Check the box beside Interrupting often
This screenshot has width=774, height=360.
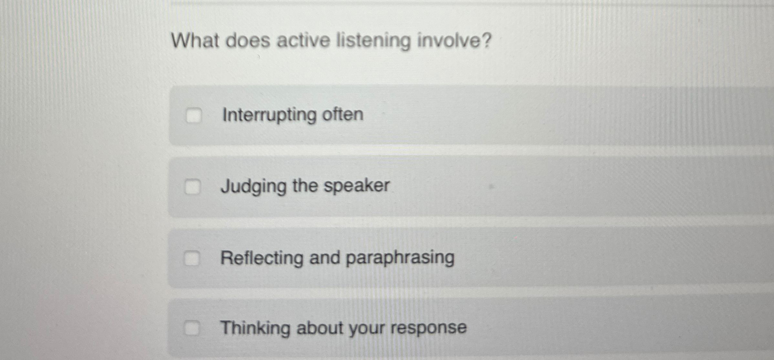tap(194, 115)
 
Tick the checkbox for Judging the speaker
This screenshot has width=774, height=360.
tap(193, 187)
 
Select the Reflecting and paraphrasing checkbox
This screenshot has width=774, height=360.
tap(192, 258)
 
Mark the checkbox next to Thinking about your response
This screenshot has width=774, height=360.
tap(192, 328)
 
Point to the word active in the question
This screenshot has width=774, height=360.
tap(303, 41)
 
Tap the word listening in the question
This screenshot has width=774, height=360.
tap(373, 42)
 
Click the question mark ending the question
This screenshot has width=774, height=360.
tap(486, 41)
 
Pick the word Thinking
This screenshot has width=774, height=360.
tap(255, 328)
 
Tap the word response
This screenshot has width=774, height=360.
tap(429, 328)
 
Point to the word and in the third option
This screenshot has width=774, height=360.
tap(325, 258)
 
